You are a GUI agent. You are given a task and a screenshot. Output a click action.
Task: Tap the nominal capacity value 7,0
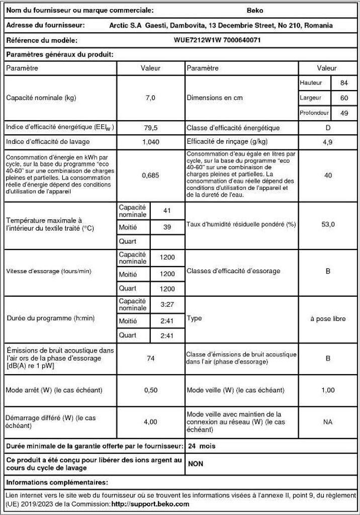click(151, 98)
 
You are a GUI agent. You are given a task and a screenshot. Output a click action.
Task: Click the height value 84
click(344, 82)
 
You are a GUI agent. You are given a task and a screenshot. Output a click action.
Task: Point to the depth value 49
click(344, 113)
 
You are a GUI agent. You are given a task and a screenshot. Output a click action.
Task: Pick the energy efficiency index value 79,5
click(151, 128)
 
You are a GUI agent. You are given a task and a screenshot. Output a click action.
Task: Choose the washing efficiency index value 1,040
click(151, 142)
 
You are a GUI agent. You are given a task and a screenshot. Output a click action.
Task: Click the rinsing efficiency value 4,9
click(328, 142)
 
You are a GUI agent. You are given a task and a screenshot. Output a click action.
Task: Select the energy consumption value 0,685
click(151, 175)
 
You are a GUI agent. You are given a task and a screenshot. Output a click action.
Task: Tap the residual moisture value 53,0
click(328, 224)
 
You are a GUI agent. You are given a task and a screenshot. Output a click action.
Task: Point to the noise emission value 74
click(150, 358)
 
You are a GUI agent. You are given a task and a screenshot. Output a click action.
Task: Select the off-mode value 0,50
click(151, 390)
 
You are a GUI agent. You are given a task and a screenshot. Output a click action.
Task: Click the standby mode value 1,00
click(328, 390)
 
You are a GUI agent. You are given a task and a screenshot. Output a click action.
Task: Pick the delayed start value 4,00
click(151, 422)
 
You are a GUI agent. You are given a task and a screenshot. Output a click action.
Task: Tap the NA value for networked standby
click(328, 422)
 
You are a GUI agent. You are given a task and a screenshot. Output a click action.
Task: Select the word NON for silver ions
click(196, 464)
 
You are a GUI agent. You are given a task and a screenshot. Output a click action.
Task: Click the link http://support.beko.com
click(150, 503)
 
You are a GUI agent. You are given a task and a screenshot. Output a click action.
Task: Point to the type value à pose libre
click(328, 319)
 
